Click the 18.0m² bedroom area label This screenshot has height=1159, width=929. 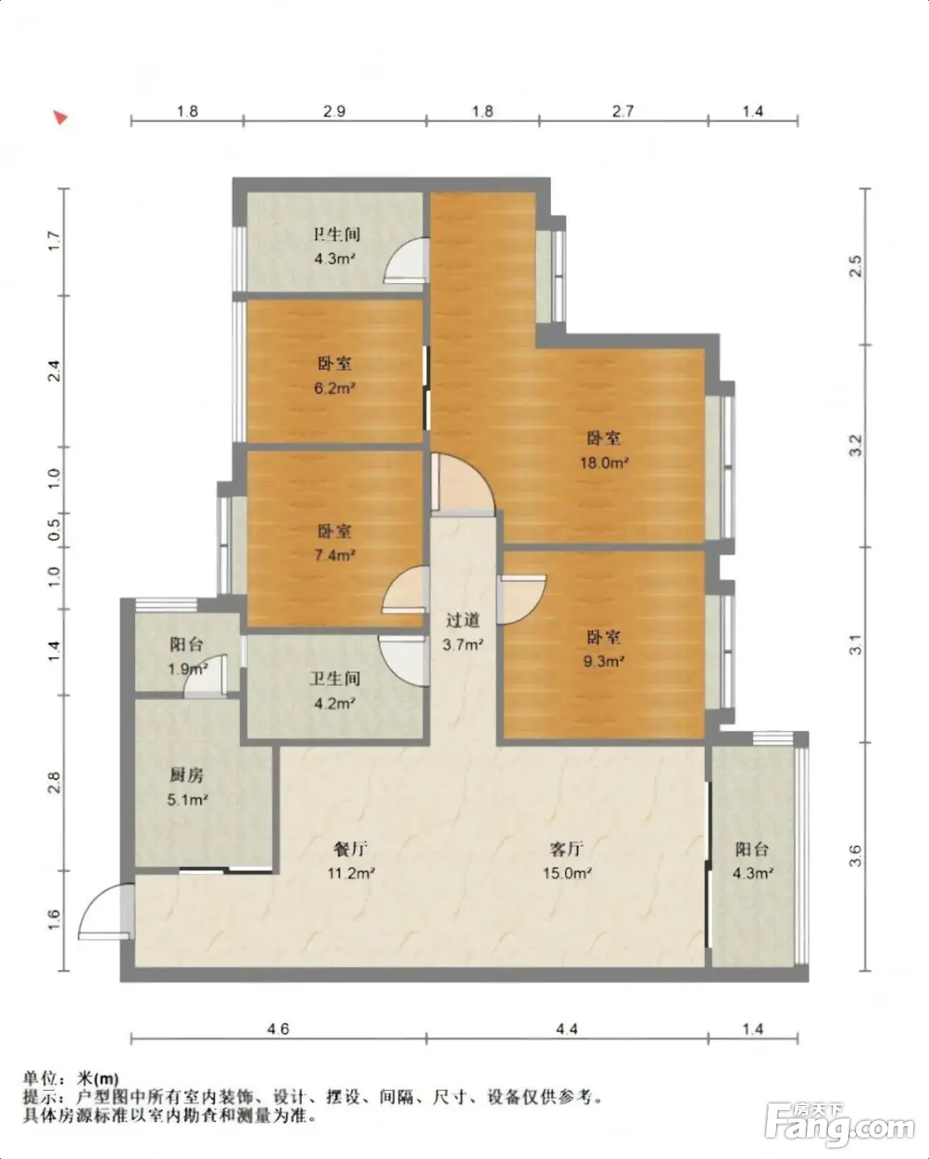pyautogui.click(x=604, y=463)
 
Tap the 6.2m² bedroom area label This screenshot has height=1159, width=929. pyautogui.click(x=334, y=387)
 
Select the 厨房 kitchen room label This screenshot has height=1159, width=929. pyautogui.click(x=187, y=775)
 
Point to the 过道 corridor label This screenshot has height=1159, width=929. pyautogui.click(x=462, y=620)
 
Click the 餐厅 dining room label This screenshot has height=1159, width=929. pyautogui.click(x=351, y=849)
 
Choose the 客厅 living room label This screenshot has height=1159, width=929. pyautogui.click(x=567, y=849)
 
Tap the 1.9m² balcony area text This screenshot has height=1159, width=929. pyautogui.click(x=188, y=670)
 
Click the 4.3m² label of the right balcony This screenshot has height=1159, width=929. pyautogui.click(x=753, y=873)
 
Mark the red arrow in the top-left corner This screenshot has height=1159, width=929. pyautogui.click(x=60, y=117)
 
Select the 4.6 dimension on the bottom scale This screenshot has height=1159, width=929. pyautogui.click(x=278, y=1029)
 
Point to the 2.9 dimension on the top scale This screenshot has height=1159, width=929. pyautogui.click(x=334, y=112)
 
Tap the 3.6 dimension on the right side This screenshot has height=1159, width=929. pyautogui.click(x=855, y=856)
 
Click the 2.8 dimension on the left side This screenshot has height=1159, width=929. pyautogui.click(x=55, y=782)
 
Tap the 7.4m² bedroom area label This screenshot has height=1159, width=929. pyautogui.click(x=334, y=555)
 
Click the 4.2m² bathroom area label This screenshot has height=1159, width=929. pyautogui.click(x=334, y=703)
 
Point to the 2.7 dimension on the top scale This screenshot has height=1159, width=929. pyautogui.click(x=623, y=112)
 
